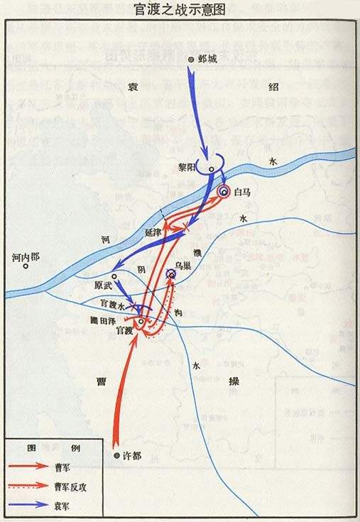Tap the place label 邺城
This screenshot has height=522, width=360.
209,60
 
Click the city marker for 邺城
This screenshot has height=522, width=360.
191,60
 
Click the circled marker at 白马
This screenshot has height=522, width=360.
224,192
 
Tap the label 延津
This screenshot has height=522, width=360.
153,232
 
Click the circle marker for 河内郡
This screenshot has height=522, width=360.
26,268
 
